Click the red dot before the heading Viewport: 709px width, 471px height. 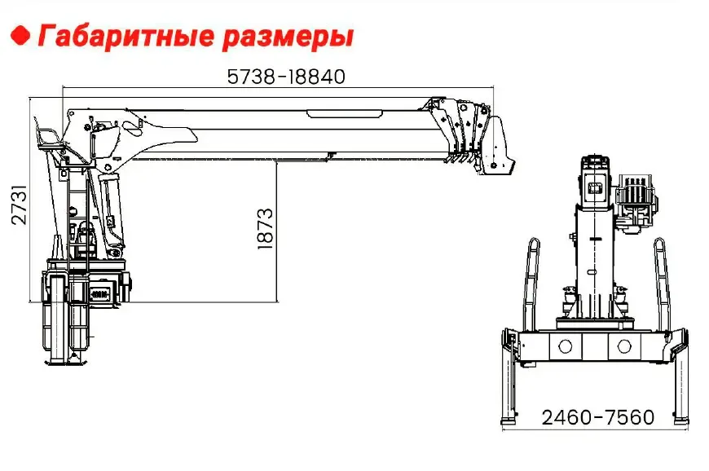point(20,36)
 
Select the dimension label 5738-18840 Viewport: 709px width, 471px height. point(286,77)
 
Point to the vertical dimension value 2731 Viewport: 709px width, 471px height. point(19,204)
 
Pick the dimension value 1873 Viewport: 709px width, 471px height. point(266,229)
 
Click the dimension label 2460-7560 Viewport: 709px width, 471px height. point(598,416)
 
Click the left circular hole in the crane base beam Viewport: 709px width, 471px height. point(565,346)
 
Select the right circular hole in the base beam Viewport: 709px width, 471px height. point(624,346)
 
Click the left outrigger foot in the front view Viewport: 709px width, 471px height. point(509,420)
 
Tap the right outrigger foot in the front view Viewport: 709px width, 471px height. point(681,420)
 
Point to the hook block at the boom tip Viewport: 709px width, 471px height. point(497,146)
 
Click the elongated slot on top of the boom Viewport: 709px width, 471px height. point(345,113)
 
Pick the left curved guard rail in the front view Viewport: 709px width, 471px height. point(530,284)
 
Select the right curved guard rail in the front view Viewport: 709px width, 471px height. point(662,284)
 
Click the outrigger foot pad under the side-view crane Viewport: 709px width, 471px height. point(66,361)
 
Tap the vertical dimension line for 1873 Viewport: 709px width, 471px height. point(277,231)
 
